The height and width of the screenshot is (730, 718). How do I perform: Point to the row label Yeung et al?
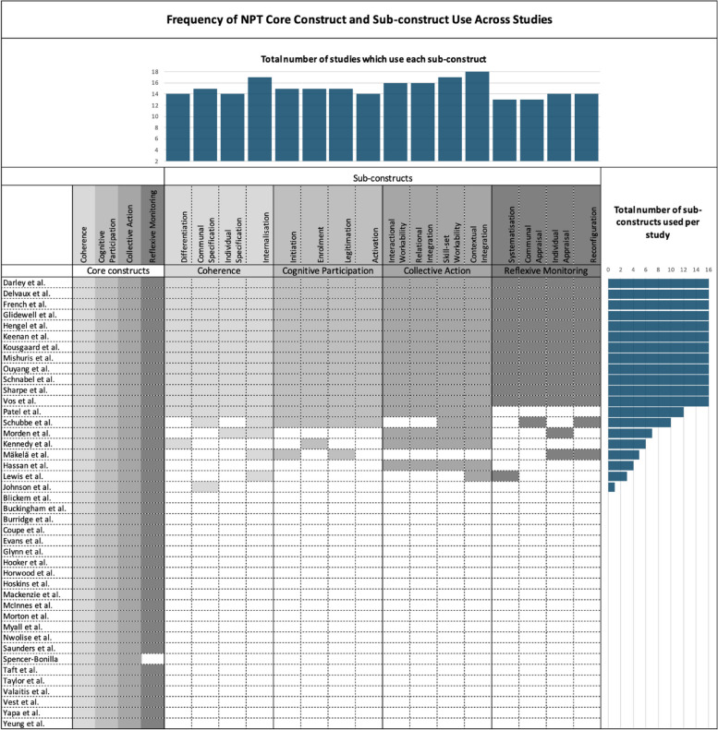point(24,724)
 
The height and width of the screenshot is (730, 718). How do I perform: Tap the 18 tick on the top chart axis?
point(156,72)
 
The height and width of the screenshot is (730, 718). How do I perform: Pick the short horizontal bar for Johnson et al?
point(612,486)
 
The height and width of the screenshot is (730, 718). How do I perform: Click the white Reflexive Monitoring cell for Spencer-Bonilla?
point(152,658)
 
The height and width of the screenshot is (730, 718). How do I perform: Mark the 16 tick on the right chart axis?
point(708,269)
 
